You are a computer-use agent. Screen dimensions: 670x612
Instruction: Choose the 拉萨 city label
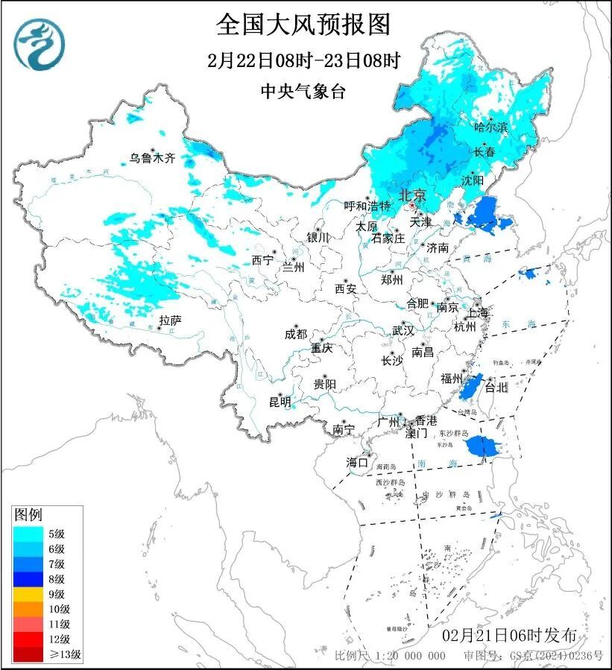(x=170, y=321)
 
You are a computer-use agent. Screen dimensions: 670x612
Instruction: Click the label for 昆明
(x=280, y=402)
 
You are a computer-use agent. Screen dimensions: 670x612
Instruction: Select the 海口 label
(x=358, y=463)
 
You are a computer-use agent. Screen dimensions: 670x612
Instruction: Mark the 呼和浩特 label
(x=367, y=206)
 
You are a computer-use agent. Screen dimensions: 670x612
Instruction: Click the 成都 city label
(x=296, y=335)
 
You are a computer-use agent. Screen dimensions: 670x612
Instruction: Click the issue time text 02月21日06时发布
(x=509, y=636)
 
